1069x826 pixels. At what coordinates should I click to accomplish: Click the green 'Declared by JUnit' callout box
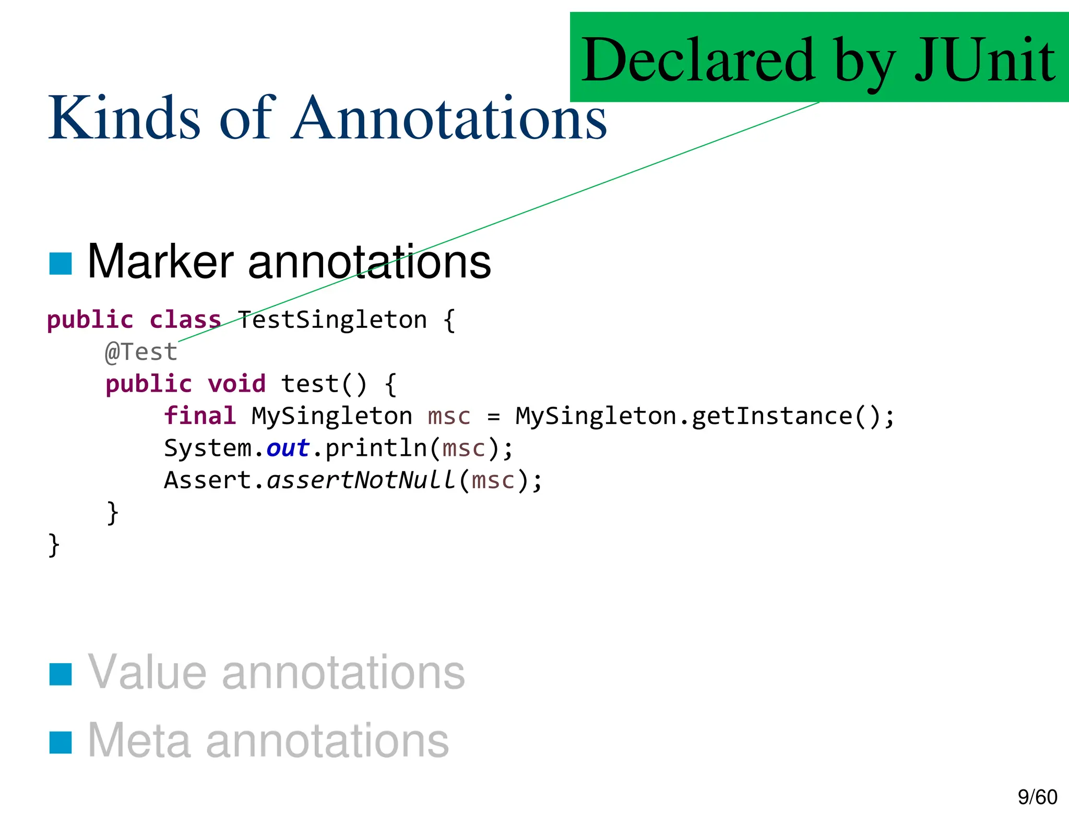click(x=818, y=57)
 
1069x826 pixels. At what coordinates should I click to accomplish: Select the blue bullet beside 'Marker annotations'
click(x=61, y=263)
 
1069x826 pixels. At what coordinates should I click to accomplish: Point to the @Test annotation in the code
click(x=141, y=352)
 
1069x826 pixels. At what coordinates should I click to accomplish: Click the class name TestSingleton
click(x=332, y=320)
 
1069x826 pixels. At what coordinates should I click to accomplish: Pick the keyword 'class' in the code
click(x=185, y=320)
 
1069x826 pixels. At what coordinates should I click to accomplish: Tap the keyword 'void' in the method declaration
click(x=236, y=384)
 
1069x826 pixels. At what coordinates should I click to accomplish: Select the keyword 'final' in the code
click(x=200, y=416)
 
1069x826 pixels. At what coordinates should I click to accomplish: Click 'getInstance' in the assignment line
click(x=771, y=416)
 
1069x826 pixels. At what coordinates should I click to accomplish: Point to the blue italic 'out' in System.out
click(x=288, y=448)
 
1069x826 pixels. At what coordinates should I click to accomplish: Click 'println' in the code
click(x=376, y=448)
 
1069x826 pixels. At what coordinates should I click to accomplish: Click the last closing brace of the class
click(x=53, y=545)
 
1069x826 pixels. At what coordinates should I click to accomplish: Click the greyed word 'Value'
click(x=147, y=672)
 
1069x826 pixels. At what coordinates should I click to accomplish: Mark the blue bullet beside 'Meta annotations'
click(x=61, y=742)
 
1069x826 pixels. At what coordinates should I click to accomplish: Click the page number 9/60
click(x=1037, y=797)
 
